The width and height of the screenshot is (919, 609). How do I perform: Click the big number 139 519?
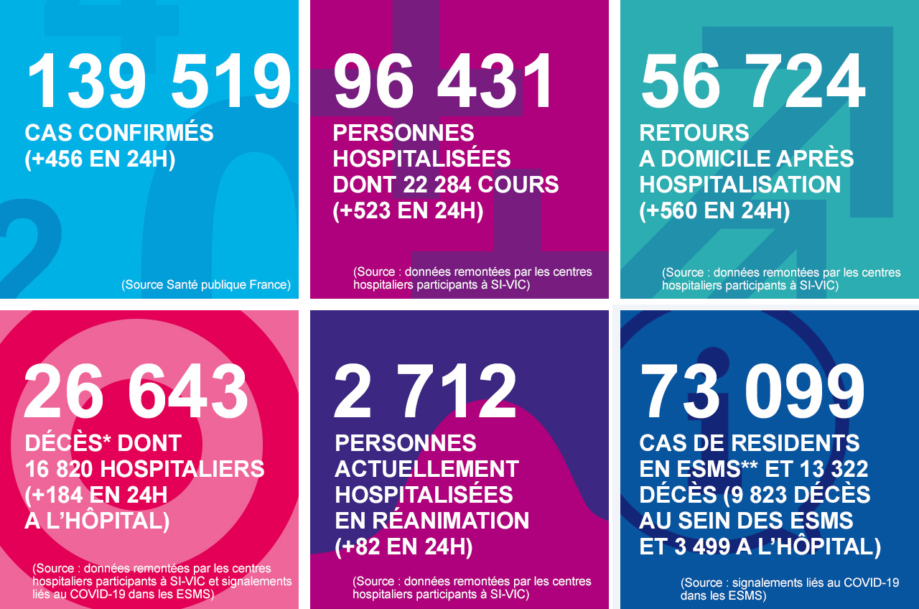pos(159,81)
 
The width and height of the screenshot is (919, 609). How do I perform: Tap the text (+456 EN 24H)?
pos(100,159)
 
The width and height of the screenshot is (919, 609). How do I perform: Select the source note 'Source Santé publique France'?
pos(206,284)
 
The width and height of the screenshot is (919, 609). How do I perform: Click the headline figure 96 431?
pos(444,81)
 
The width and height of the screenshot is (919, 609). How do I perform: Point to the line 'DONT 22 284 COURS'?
pos(445,185)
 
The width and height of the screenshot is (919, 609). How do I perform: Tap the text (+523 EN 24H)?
pos(408,210)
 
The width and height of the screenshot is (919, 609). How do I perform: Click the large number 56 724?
pos(752,81)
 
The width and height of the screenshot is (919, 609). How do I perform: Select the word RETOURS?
pos(694,133)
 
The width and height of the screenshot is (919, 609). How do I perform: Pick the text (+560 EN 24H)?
pos(714,210)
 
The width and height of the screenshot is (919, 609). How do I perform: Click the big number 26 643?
pos(136,391)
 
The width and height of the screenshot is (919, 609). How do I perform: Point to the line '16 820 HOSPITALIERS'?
pos(144,469)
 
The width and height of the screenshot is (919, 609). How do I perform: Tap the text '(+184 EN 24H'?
pos(96,495)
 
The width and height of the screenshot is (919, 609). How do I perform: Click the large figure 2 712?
pos(425,391)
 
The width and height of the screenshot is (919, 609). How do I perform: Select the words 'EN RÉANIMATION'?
pos(431,520)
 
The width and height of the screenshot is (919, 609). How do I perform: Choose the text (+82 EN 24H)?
pos(403,547)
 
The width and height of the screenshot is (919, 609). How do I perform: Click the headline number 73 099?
pos(752,391)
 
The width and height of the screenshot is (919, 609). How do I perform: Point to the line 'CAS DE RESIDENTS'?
pos(749,443)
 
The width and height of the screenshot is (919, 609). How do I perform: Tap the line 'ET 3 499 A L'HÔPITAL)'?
pos(760,547)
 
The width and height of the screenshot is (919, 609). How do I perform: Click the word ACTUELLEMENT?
pos(426,469)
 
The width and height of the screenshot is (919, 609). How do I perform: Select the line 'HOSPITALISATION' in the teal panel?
pos(740,185)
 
